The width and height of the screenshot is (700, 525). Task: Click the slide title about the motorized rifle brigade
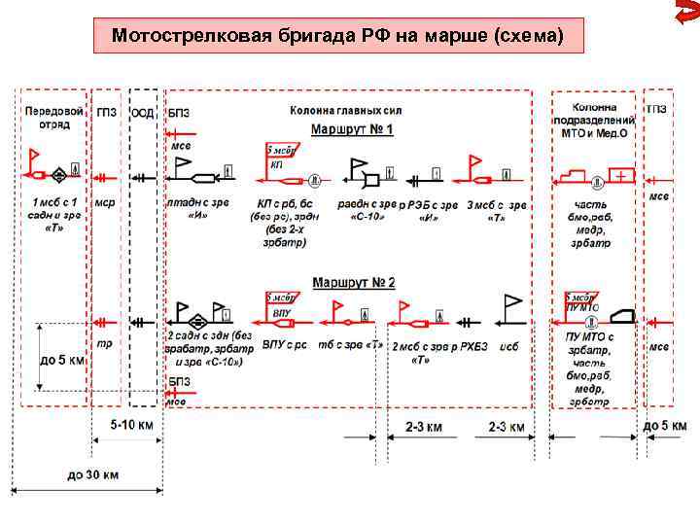[x=335, y=37]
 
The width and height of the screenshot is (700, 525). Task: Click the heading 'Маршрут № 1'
[x=352, y=129]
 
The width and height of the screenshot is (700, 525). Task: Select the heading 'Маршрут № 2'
[x=353, y=283]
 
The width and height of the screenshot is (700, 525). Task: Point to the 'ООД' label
[x=143, y=112]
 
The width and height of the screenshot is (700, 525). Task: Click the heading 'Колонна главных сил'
[x=345, y=111]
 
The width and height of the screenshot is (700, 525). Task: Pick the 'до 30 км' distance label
[x=94, y=475]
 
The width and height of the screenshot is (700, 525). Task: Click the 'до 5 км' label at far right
[x=665, y=426]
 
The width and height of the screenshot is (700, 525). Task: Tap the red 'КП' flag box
[x=283, y=157]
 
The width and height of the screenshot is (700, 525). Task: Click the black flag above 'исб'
[x=512, y=307]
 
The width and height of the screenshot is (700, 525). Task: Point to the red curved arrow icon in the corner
[x=685, y=16]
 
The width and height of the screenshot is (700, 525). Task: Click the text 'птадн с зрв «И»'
[x=201, y=210]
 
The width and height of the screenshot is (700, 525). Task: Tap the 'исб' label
[x=508, y=346]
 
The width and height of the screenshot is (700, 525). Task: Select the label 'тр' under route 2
[x=104, y=343]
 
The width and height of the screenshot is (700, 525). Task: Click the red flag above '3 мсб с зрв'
[x=475, y=165]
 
